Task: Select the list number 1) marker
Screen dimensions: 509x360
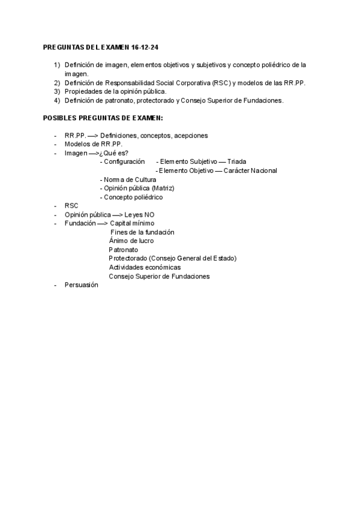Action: click(x=57, y=65)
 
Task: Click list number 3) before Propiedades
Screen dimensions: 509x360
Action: click(x=57, y=92)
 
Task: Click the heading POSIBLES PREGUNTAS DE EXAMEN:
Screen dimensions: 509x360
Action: click(x=103, y=118)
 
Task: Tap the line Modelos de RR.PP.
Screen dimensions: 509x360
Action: click(x=93, y=145)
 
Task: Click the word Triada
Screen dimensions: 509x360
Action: click(x=237, y=162)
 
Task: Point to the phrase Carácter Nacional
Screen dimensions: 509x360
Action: click(x=251, y=171)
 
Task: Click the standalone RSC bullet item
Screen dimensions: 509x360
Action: click(x=71, y=206)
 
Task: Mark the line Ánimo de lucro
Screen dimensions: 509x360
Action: click(x=131, y=241)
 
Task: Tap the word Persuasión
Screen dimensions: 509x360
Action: click(x=81, y=285)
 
